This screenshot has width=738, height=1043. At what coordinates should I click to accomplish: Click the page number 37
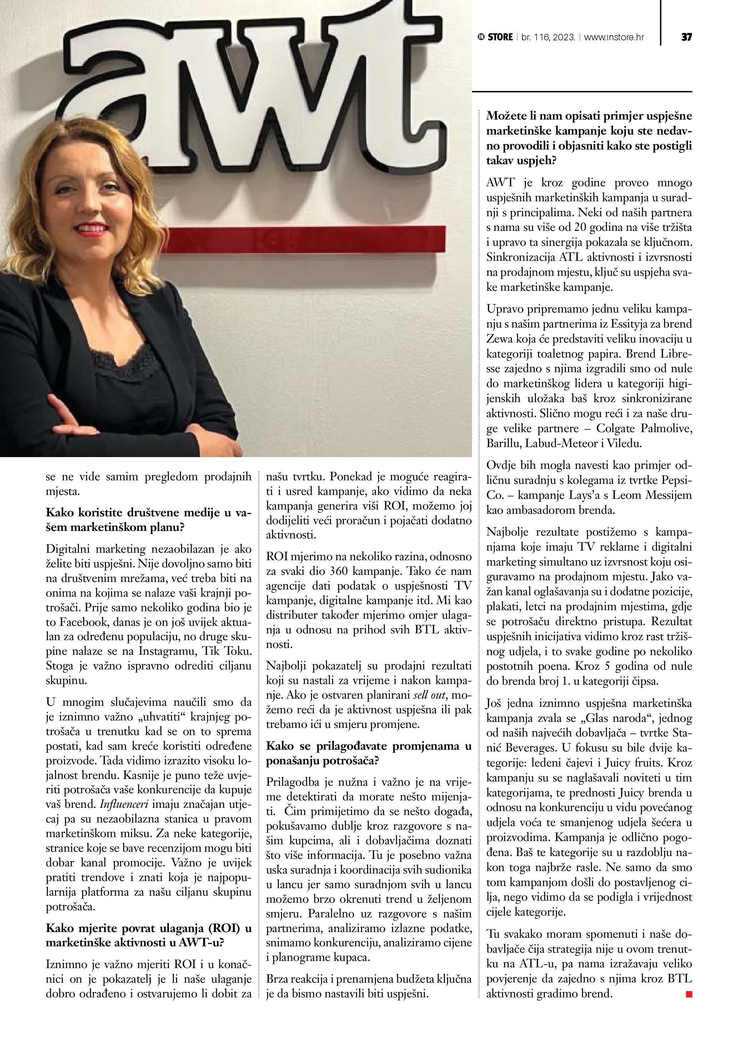click(686, 37)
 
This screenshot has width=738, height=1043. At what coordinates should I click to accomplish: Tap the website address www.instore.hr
click(613, 37)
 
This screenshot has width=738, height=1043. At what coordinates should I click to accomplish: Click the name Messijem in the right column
click(670, 495)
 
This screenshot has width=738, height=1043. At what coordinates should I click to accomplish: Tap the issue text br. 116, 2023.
click(548, 37)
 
